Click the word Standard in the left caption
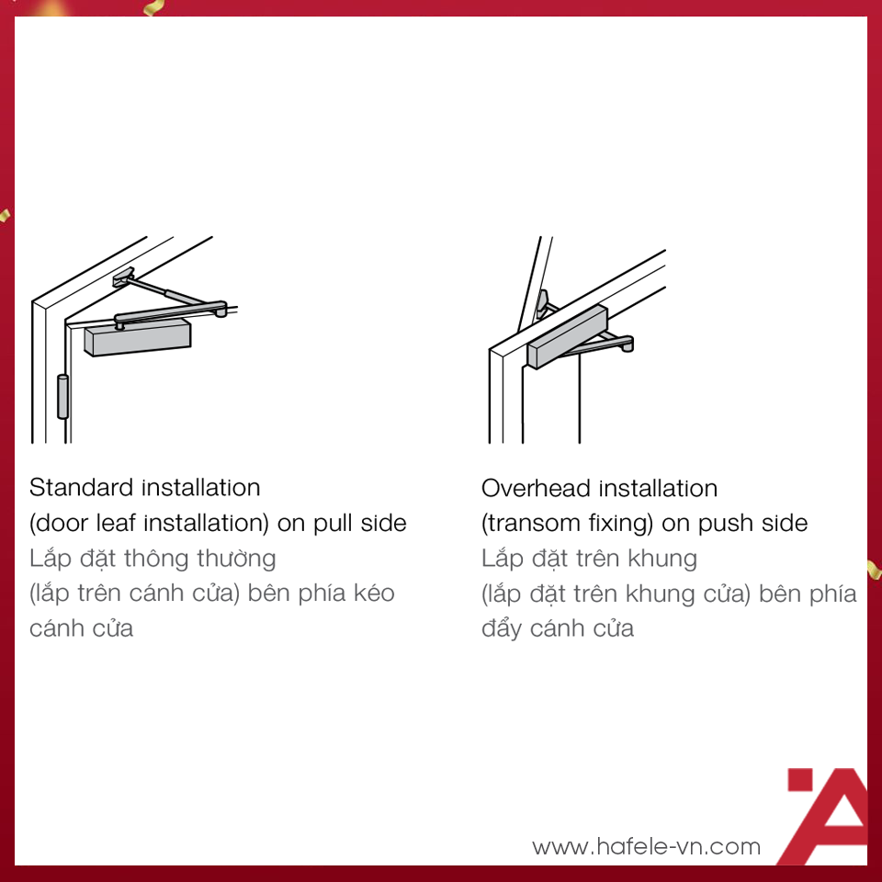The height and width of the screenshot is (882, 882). pos(81,487)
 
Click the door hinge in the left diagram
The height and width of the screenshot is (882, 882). pos(62,397)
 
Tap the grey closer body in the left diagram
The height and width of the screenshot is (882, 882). pos(138,337)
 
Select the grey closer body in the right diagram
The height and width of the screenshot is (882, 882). pos(567,337)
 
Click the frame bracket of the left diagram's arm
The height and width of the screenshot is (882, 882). pos(124,277)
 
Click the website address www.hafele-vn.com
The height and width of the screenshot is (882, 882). pos(646,846)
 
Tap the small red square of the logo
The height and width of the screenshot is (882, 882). pos(800,780)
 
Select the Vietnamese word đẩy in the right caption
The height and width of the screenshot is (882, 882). pos(502,628)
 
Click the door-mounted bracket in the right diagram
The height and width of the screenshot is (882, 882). pos(543,304)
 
